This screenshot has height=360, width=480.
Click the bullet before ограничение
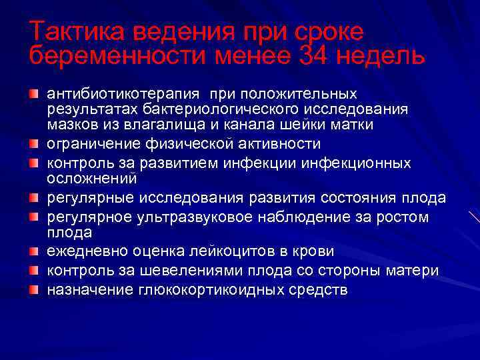[x=34, y=144]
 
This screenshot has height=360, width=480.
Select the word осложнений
[x=91, y=179]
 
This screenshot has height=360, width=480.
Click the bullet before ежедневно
[x=34, y=252]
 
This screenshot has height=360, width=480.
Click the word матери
[x=415, y=271]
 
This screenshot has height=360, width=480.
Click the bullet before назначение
[x=34, y=290]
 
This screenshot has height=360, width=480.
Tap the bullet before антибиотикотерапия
[x=34, y=93]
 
